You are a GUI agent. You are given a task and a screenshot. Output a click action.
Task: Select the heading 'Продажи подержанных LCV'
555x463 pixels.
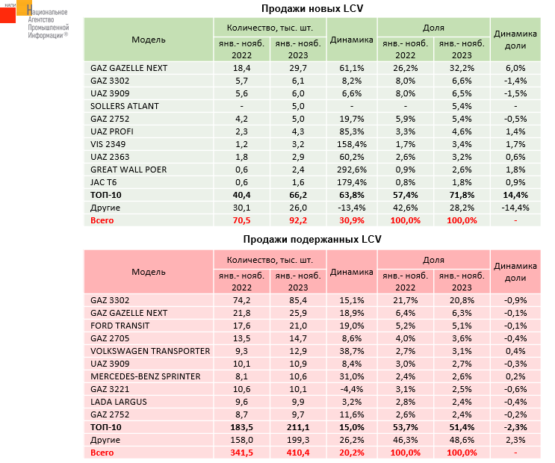tap(307, 240)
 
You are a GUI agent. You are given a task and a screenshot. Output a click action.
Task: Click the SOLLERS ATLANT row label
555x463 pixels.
tap(124, 106)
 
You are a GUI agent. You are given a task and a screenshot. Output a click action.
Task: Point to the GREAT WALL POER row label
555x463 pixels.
tap(128, 170)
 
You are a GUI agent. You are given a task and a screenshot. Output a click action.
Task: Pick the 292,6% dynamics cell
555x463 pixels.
tap(350, 170)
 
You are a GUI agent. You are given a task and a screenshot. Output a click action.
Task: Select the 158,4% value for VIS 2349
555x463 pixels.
tap(350, 144)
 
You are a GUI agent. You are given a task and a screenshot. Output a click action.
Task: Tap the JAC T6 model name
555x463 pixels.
tap(105, 182)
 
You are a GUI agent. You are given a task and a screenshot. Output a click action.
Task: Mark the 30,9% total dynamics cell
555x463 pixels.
tap(350, 221)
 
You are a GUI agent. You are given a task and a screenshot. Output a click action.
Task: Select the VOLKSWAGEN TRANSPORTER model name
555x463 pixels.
tap(149, 351)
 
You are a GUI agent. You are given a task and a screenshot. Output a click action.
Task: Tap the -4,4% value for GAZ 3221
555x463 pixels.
tap(350, 389)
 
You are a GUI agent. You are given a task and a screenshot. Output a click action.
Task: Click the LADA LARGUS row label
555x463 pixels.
tap(118, 402)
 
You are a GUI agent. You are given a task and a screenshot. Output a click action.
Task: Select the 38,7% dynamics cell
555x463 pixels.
tap(350, 351)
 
